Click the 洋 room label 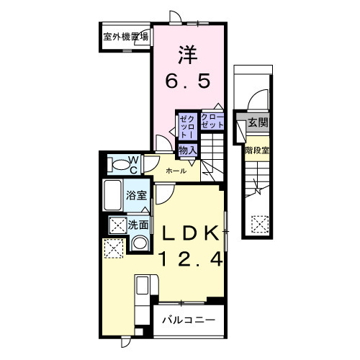coord(188,54)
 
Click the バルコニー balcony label coord(187,319)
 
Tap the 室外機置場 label coord(125,36)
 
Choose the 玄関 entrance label coord(258,123)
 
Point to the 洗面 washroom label coord(138,225)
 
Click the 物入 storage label coord(188,150)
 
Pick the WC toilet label coord(134,165)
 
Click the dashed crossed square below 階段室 coord(258,225)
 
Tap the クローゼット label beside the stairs coord(212,122)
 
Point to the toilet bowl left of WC coord(116,165)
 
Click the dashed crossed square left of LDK coord(112,250)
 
